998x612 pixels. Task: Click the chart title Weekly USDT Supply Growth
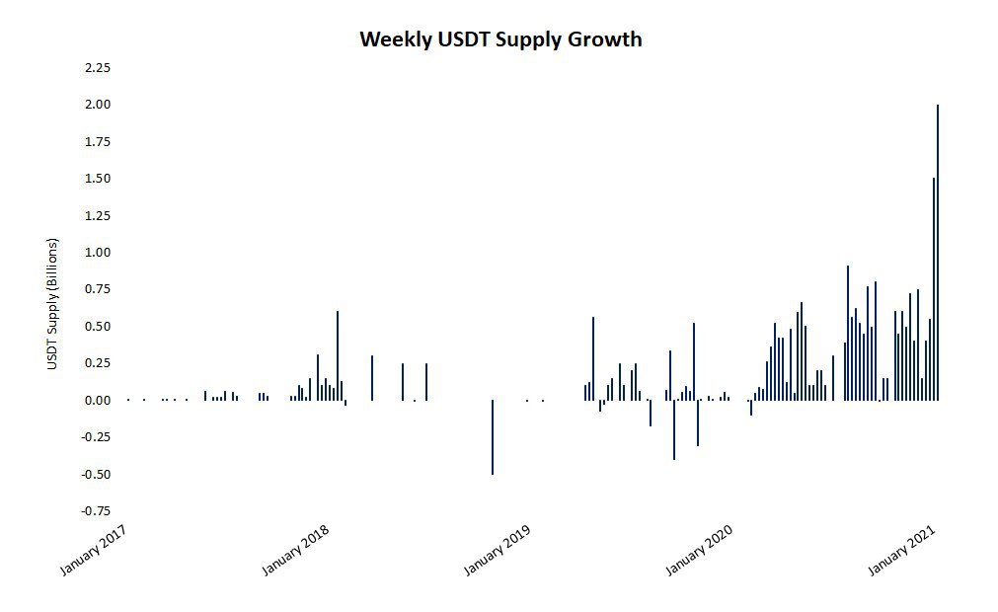pos(500,39)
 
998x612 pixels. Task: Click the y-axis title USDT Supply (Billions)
pos(52,304)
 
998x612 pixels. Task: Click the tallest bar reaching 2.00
pos(937,252)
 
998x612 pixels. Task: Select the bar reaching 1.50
pos(933,289)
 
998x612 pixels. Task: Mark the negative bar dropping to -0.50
pos(493,437)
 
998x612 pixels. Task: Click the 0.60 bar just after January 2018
pos(338,355)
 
